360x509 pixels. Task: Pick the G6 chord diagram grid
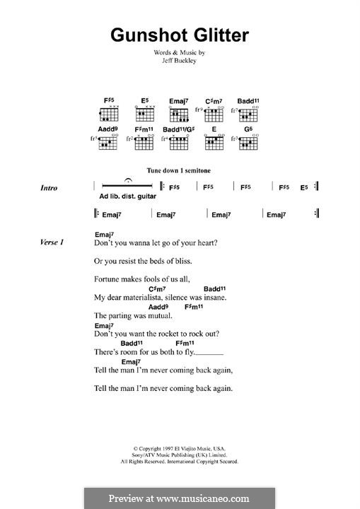pos(249,144)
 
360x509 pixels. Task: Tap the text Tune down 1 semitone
pos(179,171)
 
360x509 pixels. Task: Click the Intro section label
pos(49,188)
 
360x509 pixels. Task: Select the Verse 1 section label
pos(52,242)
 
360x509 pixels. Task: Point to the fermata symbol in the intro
pos(127,182)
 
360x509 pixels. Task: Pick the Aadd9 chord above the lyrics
pos(158,307)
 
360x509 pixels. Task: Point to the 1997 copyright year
pos(168,448)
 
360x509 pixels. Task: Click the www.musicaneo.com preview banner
pos(179,498)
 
